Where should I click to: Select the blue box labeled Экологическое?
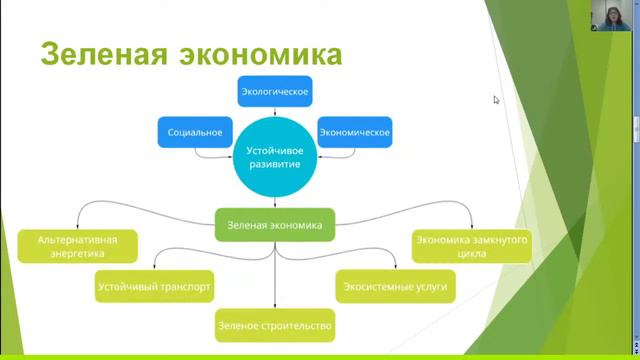[275, 93]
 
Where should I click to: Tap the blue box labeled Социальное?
[195, 131]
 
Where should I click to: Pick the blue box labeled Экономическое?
[354, 131]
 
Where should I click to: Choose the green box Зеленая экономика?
[275, 225]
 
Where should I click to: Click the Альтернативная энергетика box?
[77, 246]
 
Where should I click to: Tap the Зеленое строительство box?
[274, 325]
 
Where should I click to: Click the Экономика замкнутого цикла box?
[471, 246]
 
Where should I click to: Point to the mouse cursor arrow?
[496, 99]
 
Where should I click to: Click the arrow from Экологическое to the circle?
[275, 112]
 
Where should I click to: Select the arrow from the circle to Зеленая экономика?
[275, 203]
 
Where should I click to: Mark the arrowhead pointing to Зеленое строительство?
[275, 306]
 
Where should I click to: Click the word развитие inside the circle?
[274, 164]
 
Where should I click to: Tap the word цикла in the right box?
[471, 254]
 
